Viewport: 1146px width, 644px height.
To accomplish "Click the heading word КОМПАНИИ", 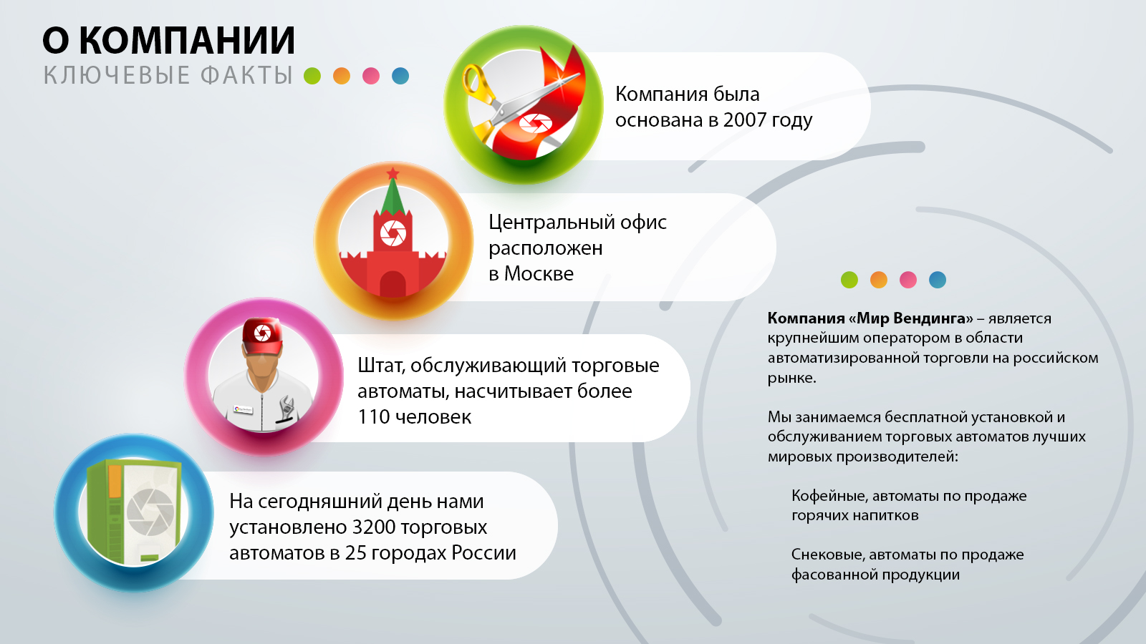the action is click(187, 40).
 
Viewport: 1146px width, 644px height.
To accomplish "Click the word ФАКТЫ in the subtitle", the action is click(246, 76).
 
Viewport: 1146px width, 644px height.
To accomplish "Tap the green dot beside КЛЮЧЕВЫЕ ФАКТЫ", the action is click(312, 76).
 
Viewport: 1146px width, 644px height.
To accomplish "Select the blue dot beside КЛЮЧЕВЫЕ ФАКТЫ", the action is click(400, 76).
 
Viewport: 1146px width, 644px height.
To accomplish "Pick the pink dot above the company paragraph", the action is click(908, 280).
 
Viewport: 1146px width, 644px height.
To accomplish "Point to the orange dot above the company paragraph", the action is click(878, 280).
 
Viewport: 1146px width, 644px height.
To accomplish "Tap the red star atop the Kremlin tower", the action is click(393, 173).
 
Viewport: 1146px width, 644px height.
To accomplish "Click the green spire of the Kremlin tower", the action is click(393, 197).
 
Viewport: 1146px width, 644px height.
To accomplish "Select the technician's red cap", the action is click(262, 336).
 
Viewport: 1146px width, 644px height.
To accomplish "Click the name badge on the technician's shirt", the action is click(243, 409).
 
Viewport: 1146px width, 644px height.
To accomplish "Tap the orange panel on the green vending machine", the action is click(115, 480).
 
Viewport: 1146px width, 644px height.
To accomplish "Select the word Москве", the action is click(539, 274).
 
